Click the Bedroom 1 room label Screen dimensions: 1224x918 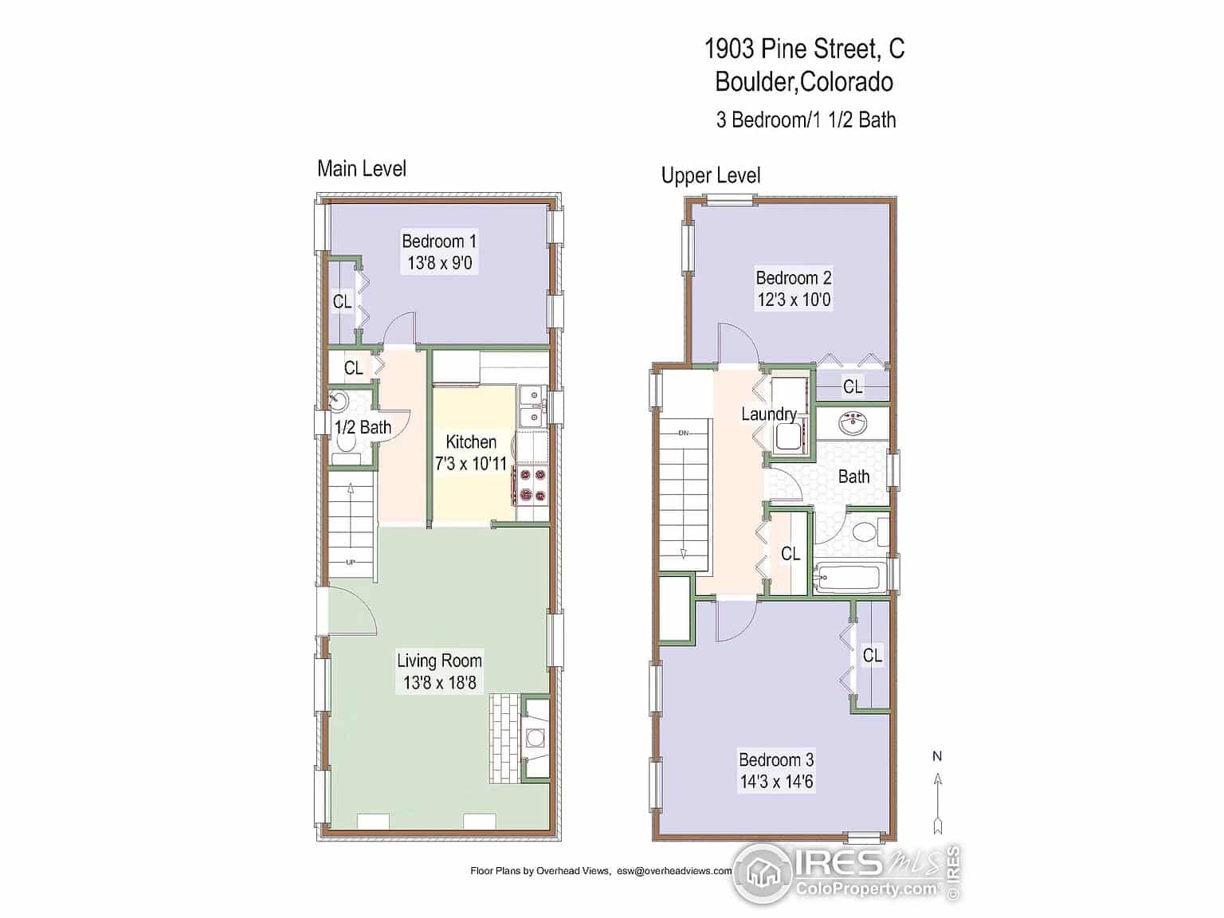coord(439,241)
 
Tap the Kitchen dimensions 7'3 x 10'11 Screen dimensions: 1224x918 coord(471,463)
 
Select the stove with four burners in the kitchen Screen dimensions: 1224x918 coord(532,485)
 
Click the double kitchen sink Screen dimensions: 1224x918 coord(532,407)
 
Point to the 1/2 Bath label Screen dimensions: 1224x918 coord(363,427)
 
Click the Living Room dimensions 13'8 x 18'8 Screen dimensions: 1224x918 coord(439,683)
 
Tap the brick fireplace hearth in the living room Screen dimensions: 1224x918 coord(505,739)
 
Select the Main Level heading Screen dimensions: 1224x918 coord(361,169)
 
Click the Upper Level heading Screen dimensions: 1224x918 coord(711,175)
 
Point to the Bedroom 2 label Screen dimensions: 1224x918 coord(794,277)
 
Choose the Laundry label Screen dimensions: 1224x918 coord(769,414)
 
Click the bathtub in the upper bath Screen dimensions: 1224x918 coord(850,578)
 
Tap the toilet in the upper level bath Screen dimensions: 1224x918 coord(869,532)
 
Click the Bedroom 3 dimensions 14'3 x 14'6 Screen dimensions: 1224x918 coord(776,782)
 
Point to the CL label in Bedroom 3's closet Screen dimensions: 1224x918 coord(872,655)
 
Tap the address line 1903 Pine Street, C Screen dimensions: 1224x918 coord(804,49)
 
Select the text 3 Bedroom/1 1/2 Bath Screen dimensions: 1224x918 coord(806,120)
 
